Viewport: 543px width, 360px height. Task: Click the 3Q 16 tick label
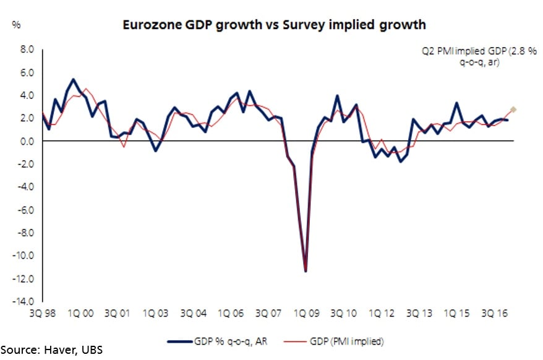(x=494, y=314)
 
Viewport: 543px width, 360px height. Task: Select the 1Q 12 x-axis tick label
(x=381, y=314)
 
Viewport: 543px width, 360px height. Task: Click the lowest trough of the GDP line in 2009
(x=306, y=270)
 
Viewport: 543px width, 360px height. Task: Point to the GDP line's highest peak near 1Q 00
(x=74, y=79)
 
